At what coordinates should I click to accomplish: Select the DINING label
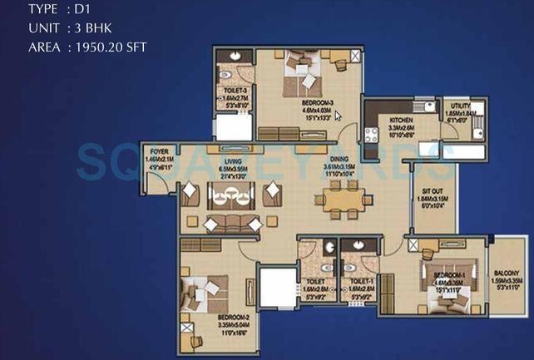pyautogui.click(x=339, y=159)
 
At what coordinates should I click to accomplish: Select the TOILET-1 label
pyautogui.click(x=360, y=283)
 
